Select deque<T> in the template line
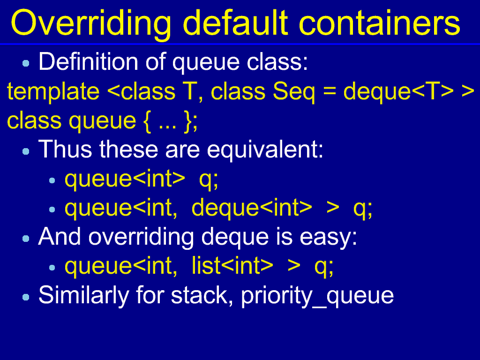(398, 92)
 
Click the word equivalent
(265, 150)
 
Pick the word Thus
(65, 149)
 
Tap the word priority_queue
(317, 296)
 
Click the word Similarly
(83, 296)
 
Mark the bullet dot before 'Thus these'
(26, 151)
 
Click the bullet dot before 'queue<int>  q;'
(52, 180)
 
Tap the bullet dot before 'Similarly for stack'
(26, 297)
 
